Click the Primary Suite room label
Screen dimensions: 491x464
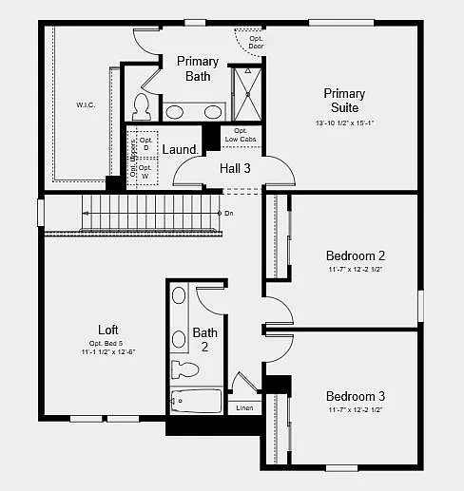[344, 101]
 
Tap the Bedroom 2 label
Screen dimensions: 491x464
[356, 255]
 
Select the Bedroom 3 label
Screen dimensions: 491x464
[356, 396]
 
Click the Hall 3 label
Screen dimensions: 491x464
[235, 168]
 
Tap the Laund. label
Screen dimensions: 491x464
[181, 150]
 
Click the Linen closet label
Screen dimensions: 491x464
[244, 408]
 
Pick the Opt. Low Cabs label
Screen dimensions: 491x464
[241, 135]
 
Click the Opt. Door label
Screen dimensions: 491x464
[256, 42]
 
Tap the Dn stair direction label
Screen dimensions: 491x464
[228, 214]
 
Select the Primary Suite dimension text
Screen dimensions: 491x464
[344, 123]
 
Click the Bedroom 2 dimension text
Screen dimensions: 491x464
[356, 270]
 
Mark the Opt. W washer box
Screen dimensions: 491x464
[145, 171]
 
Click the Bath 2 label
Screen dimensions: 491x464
[205, 340]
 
